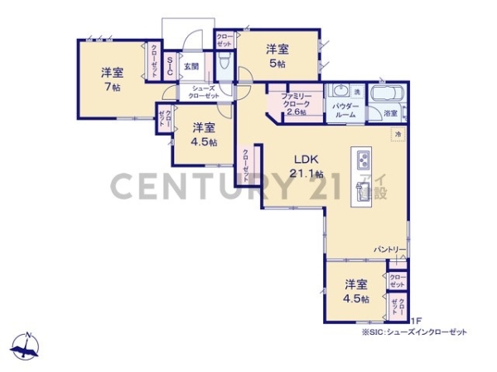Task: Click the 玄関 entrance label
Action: coord(190,65)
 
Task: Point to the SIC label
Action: coord(169,66)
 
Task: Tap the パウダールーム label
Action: coord(345,111)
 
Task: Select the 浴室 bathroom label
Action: coord(389,112)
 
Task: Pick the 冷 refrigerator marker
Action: coord(398,133)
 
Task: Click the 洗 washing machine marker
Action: coord(357,91)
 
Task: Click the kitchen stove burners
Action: coord(363,159)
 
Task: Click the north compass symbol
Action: coord(27,346)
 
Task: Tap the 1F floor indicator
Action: coord(416,321)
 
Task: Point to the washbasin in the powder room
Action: coord(337,92)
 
